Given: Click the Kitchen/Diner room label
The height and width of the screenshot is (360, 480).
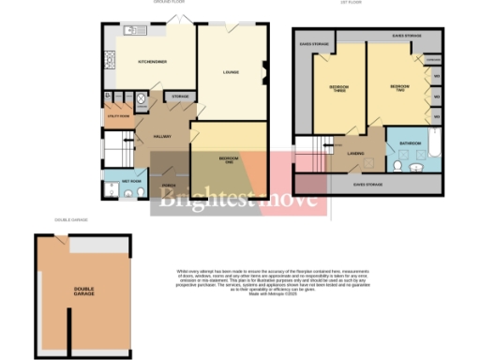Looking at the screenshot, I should pyautogui.click(x=152, y=62).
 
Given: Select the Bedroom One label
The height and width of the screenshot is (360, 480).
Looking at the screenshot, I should pyautogui.click(x=228, y=158).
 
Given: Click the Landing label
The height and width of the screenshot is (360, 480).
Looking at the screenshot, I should pyautogui.click(x=355, y=153).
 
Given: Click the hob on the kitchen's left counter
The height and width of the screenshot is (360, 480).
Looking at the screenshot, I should pyautogui.click(x=110, y=62).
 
